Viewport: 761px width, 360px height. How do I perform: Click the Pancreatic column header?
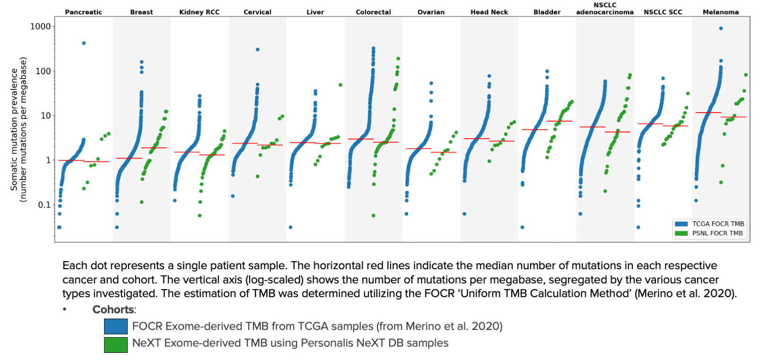point(83,12)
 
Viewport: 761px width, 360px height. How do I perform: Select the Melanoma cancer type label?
point(720,12)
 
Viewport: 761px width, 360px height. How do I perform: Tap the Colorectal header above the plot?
point(373,12)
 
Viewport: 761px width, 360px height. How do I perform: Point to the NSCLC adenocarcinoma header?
point(604,9)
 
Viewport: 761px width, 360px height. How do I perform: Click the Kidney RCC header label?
point(199,12)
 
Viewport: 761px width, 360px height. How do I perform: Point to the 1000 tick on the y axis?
point(41,26)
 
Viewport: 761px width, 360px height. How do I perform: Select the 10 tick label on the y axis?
point(45,115)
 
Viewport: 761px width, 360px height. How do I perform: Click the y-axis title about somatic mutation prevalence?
point(18,130)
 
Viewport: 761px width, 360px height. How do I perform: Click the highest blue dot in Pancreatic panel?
point(84,43)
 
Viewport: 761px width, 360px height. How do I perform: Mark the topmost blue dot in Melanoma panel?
point(721,28)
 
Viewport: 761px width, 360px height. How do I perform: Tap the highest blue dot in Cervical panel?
point(257,49)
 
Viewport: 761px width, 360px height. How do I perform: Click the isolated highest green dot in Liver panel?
point(340,85)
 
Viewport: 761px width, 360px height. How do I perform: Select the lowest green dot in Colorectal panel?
point(374,216)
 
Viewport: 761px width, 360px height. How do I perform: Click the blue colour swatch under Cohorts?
point(116,326)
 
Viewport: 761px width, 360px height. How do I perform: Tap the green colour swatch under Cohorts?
point(116,344)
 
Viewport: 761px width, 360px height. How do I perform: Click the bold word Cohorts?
point(114,309)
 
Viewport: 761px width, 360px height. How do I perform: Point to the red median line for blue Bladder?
point(534,130)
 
